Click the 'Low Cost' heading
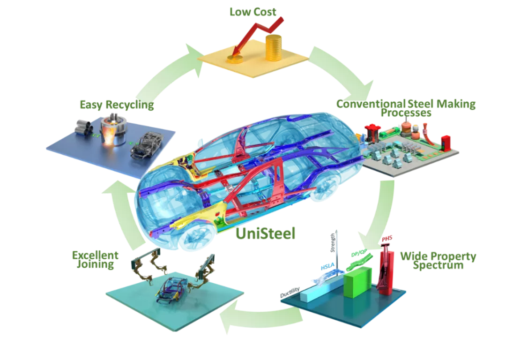[x=253, y=12]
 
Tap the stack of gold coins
[x=273, y=48]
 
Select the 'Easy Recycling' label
[x=117, y=105]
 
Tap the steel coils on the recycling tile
[x=84, y=127]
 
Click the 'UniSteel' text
[x=265, y=233]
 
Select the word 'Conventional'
[x=371, y=104]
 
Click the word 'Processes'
[x=406, y=113]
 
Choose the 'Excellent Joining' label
[x=95, y=260]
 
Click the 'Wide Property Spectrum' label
[x=438, y=261]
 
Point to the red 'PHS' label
[x=387, y=239]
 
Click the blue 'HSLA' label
[x=327, y=267]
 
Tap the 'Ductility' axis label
[x=290, y=292]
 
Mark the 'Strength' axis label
[x=333, y=243]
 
